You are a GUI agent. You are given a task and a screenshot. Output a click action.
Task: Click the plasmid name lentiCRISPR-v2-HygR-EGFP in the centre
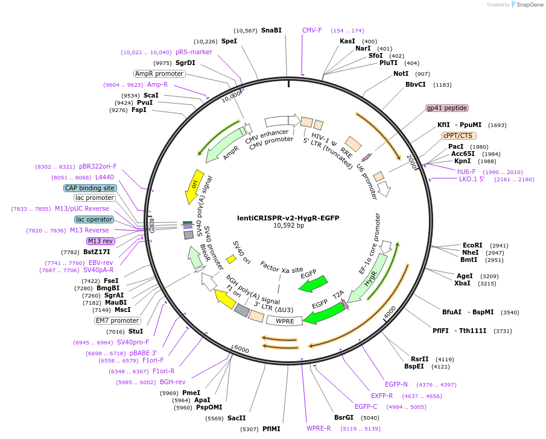[287, 217]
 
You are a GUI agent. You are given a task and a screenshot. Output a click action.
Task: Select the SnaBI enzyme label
[271, 30]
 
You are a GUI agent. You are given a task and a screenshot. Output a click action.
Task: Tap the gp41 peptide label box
[447, 108]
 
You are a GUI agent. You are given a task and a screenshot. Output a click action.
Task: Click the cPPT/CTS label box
[458, 135]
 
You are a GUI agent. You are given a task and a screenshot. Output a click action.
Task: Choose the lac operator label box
[94, 219]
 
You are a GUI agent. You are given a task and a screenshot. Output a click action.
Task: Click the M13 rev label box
[101, 241]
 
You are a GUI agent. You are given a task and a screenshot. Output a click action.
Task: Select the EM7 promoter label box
[117, 320]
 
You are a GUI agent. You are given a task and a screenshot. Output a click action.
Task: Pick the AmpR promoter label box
[159, 73]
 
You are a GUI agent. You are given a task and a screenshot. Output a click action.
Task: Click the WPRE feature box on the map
[285, 321]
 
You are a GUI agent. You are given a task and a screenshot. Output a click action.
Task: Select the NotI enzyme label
[401, 73]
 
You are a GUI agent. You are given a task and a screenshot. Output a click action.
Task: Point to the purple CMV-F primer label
[312, 30]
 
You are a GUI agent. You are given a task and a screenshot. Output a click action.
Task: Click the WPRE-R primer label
[319, 428]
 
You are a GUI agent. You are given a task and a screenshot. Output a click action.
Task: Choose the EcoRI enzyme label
[472, 245]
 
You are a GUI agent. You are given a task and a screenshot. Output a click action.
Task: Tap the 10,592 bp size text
[287, 226]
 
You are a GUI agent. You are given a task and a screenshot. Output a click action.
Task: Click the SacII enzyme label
[236, 418]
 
